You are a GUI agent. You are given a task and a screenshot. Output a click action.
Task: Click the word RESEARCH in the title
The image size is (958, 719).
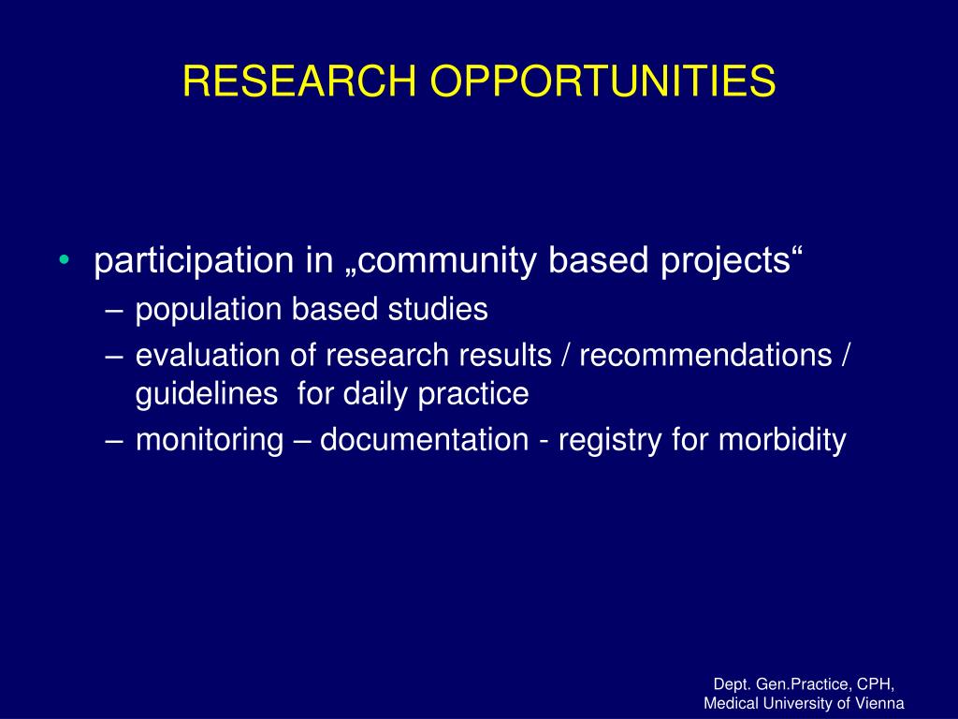click(299, 81)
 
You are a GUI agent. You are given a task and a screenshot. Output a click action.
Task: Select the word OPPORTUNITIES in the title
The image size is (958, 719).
click(603, 81)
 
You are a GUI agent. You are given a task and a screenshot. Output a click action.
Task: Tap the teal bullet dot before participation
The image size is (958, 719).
click(65, 260)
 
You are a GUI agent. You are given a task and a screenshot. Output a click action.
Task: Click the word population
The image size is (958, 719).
click(209, 310)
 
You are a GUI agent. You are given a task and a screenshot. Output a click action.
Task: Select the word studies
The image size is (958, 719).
click(438, 309)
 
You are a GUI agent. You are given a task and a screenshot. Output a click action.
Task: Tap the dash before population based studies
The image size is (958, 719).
click(113, 311)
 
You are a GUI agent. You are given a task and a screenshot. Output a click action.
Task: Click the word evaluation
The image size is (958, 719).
click(208, 355)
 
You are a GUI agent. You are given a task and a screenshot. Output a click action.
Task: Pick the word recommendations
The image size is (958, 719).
click(705, 355)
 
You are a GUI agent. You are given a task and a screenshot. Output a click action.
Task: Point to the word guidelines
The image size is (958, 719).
click(207, 394)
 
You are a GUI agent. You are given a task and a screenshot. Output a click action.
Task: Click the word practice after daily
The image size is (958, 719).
click(473, 394)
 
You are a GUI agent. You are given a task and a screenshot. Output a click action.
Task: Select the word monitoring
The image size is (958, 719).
click(210, 441)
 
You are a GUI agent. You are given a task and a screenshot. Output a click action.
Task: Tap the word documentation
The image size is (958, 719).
click(424, 440)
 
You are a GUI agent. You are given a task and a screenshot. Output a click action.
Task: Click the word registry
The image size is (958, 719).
click(610, 441)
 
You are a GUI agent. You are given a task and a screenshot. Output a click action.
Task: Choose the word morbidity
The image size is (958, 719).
click(782, 441)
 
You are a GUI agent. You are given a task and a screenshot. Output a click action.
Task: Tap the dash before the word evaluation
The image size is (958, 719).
click(113, 357)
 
